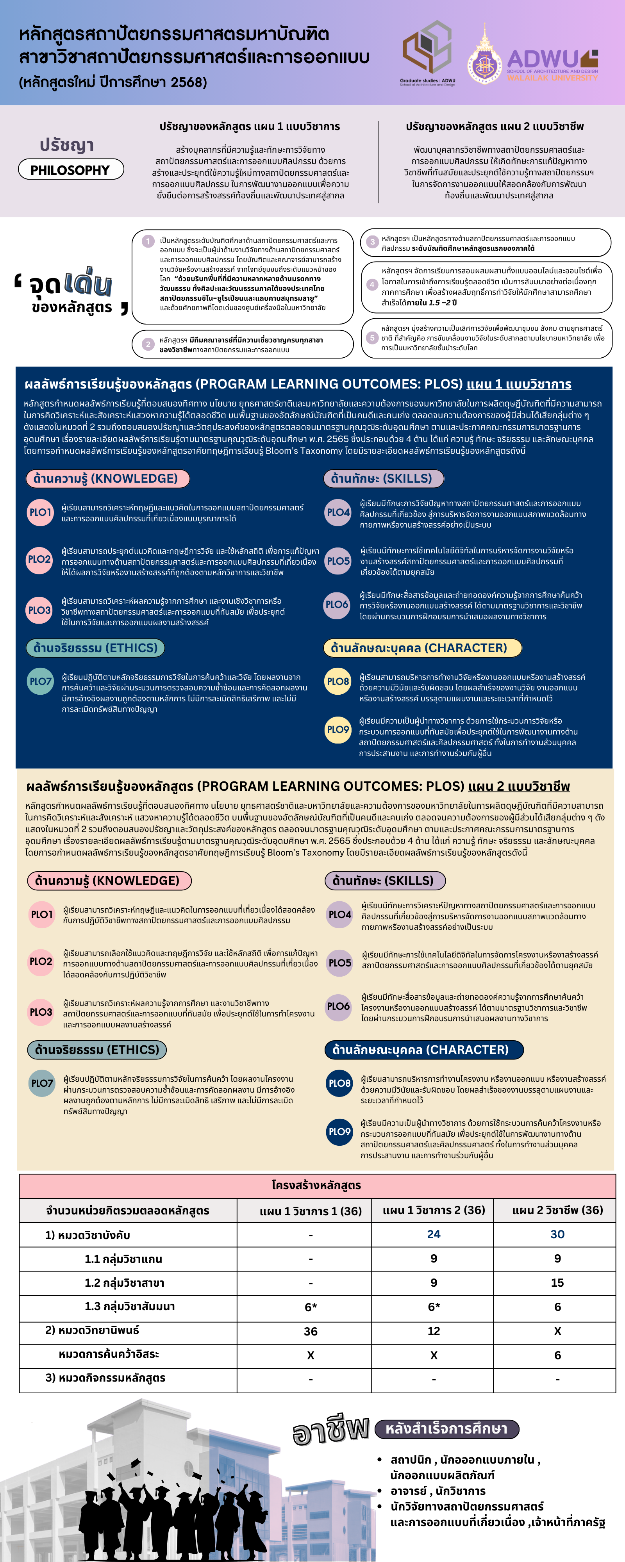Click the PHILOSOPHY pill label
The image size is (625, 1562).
(70, 170)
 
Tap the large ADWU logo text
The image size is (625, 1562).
(543, 59)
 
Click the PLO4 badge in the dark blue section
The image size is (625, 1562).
(338, 512)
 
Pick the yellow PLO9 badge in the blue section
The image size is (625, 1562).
(338, 729)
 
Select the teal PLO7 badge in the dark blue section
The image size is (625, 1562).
(41, 681)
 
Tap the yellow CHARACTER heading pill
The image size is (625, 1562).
(422, 647)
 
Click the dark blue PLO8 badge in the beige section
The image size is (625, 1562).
(339, 1083)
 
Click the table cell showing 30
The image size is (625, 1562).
(557, 1234)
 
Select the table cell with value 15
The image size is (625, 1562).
(557, 1282)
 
